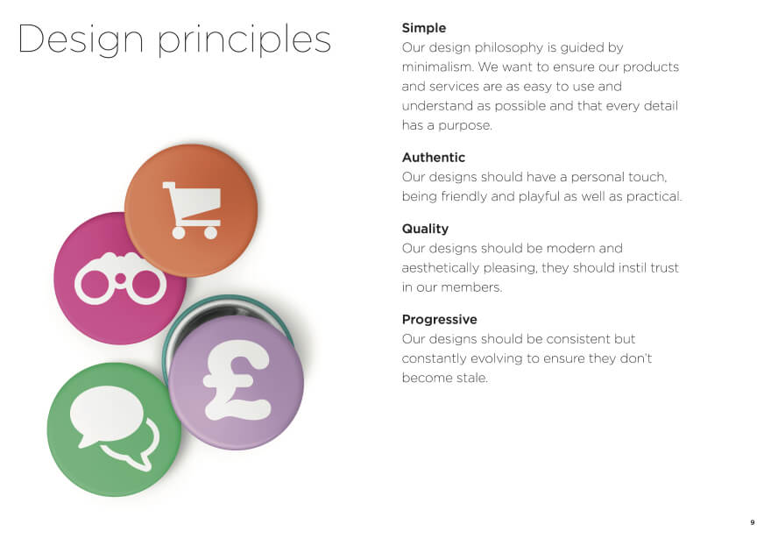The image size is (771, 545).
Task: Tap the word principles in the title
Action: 244,39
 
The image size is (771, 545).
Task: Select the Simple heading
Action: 424,28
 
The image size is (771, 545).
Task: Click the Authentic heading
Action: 433,158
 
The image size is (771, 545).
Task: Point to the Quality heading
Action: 425,229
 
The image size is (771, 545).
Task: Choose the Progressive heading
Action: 440,320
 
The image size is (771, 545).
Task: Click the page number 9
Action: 753,522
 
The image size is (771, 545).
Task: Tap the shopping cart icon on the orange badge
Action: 192,210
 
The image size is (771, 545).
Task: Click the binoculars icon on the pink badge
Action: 121,279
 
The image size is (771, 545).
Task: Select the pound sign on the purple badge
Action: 237,380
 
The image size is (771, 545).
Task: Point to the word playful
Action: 539,197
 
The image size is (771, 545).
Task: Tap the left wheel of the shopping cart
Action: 179,233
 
